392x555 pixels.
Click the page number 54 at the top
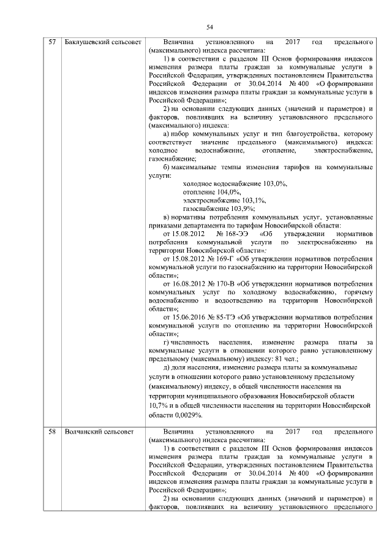point(209,26)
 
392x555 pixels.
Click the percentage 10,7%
point(159,405)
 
